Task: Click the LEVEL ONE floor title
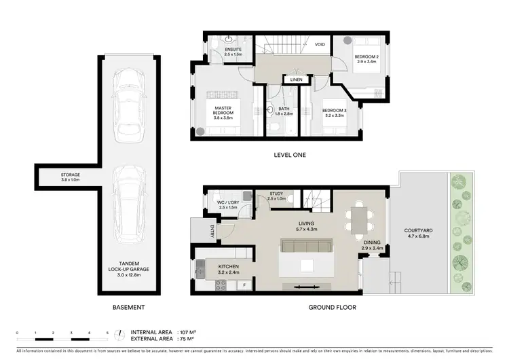(290, 155)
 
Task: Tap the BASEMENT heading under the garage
(129, 307)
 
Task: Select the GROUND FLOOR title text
(333, 307)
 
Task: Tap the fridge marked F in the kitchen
(243, 286)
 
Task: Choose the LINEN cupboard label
(296, 79)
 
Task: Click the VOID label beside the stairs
(320, 45)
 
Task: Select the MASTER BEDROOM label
(224, 112)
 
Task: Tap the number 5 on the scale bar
(107, 333)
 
